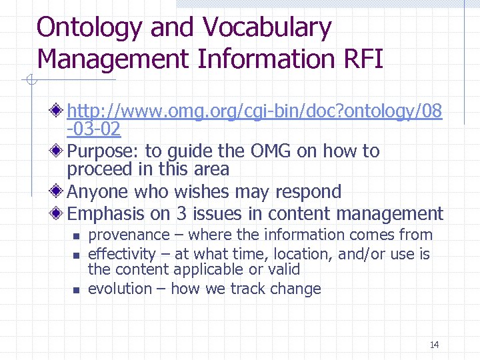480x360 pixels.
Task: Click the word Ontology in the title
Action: click(x=89, y=28)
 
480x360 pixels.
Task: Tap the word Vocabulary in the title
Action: click(x=267, y=28)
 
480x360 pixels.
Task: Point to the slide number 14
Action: click(x=434, y=345)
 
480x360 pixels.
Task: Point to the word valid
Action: click(x=285, y=269)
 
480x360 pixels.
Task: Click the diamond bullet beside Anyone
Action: click(x=59, y=192)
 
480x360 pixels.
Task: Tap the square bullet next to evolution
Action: click(x=76, y=290)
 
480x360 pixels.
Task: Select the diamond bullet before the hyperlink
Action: click(x=59, y=108)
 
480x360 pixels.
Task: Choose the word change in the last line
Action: click(x=299, y=289)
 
